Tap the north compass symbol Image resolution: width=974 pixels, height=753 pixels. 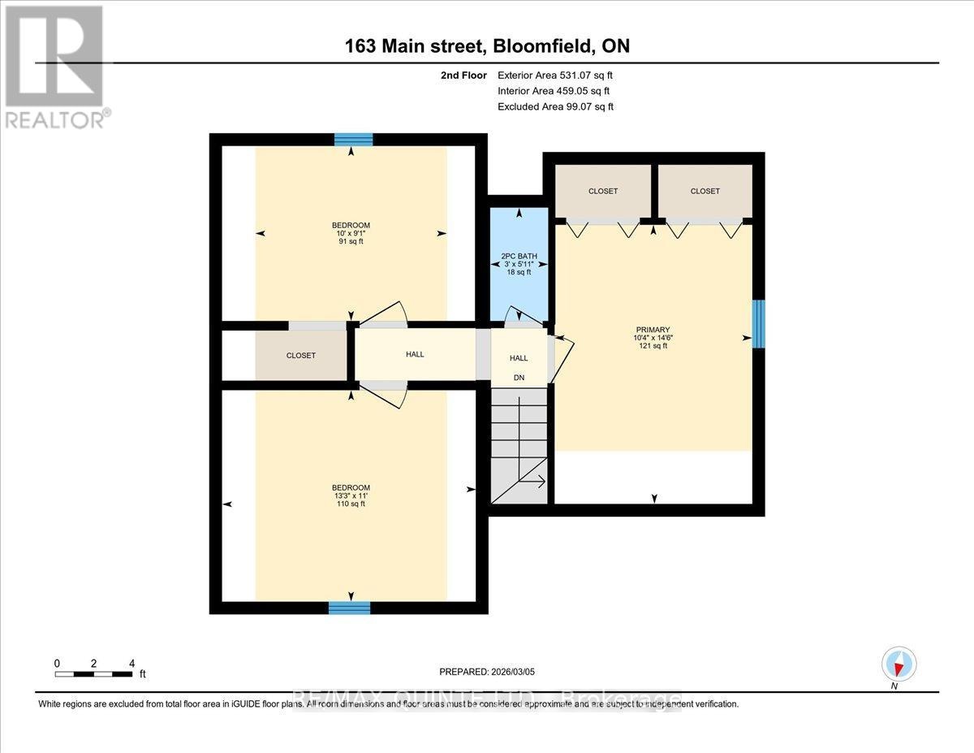point(899,664)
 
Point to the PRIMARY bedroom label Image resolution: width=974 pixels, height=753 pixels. point(653,330)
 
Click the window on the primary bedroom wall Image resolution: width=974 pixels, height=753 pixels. point(758,324)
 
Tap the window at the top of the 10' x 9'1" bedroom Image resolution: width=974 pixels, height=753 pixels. point(353,140)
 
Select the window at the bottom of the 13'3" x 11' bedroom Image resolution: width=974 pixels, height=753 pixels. point(350,607)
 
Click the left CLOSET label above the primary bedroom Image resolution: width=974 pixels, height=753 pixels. point(603,191)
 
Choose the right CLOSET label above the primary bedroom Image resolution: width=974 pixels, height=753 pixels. point(705,191)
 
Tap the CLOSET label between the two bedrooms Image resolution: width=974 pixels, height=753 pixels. point(300,356)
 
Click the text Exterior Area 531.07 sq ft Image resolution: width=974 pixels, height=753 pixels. point(554,76)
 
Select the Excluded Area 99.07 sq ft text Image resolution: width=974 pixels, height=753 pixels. point(555,106)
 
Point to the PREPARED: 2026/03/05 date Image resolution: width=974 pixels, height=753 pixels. point(487,672)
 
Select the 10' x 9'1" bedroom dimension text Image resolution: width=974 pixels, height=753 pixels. point(351,234)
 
